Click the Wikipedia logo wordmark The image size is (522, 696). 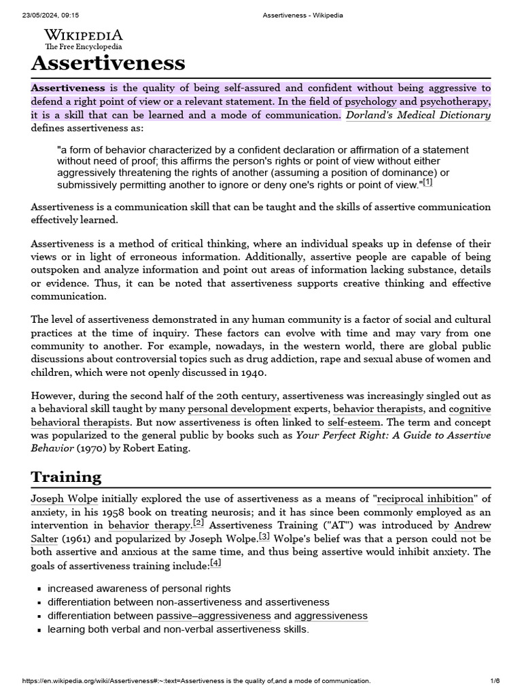(x=84, y=35)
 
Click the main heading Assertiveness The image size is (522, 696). (x=107, y=63)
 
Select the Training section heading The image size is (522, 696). (x=66, y=476)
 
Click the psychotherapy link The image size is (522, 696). (x=455, y=101)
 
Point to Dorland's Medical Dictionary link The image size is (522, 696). (x=418, y=115)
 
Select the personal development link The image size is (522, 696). (x=239, y=409)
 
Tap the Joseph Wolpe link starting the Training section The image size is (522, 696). (x=65, y=499)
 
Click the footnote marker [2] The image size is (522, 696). (x=198, y=523)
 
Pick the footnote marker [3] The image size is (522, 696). (x=264, y=536)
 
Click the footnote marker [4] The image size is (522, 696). (x=215, y=563)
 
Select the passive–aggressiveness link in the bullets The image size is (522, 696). (x=213, y=616)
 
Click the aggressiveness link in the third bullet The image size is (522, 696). (x=331, y=616)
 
